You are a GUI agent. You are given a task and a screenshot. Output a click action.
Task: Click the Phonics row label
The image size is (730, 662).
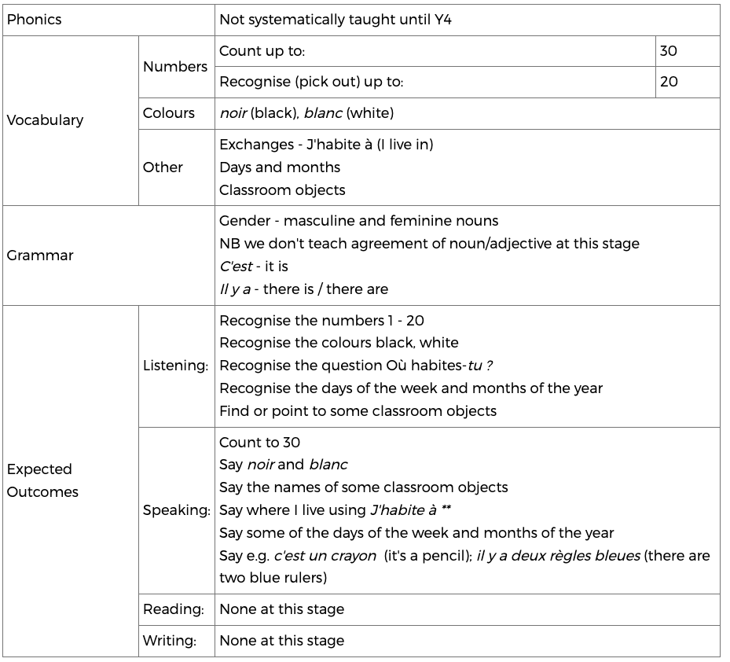(x=34, y=20)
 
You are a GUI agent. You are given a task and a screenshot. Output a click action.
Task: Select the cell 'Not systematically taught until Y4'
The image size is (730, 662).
(x=336, y=20)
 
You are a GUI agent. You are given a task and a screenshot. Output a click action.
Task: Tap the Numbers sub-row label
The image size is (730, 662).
(x=175, y=67)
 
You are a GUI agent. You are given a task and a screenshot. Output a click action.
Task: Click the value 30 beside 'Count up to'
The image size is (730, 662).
(x=669, y=51)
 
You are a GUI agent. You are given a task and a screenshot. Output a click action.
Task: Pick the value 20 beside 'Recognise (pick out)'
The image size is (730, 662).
(x=669, y=82)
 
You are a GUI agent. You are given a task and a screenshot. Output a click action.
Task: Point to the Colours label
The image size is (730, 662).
(x=168, y=113)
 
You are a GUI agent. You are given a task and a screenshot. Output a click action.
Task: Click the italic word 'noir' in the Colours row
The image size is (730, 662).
(x=233, y=113)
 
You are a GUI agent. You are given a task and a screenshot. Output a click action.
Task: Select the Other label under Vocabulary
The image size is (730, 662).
(x=163, y=167)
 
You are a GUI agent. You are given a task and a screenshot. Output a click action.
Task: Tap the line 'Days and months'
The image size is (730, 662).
(x=280, y=167)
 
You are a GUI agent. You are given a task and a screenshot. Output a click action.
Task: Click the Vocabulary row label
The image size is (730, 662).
(x=45, y=120)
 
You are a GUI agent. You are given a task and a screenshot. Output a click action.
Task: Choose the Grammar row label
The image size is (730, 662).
(x=40, y=256)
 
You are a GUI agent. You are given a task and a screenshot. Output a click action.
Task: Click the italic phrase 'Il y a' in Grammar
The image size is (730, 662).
(x=235, y=289)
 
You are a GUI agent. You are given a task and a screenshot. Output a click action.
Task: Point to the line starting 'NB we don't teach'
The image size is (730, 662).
(x=429, y=244)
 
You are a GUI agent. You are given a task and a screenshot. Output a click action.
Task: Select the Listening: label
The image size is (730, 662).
(x=175, y=366)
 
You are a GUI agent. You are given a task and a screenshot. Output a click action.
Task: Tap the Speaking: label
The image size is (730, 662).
(x=176, y=510)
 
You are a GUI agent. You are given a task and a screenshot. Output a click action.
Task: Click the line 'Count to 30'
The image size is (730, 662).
(x=259, y=443)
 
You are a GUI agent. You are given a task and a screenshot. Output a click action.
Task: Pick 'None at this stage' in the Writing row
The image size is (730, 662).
(x=281, y=641)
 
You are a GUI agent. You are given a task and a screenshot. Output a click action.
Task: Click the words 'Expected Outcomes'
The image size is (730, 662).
(x=43, y=480)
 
